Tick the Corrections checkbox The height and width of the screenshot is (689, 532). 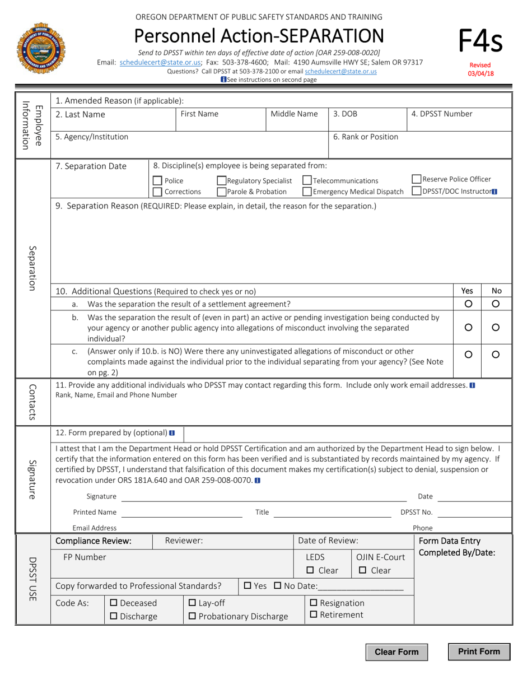[158, 192]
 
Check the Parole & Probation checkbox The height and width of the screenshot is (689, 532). [222, 192]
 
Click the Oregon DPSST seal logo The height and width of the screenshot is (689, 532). [42, 50]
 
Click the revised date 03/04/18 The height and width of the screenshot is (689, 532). [481, 73]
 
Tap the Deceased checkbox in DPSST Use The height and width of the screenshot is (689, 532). [114, 603]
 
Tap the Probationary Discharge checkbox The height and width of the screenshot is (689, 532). [192, 616]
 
